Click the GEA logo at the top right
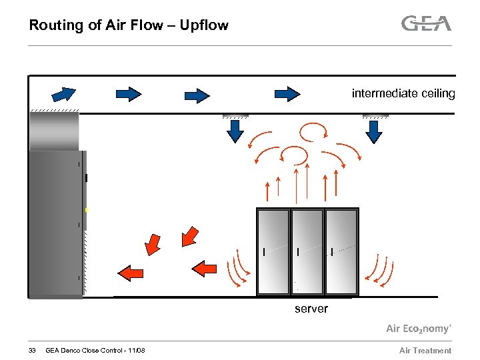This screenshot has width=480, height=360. click(x=426, y=24)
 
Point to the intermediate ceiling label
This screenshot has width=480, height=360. click(x=403, y=93)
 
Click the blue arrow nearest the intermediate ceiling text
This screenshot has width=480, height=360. click(x=288, y=94)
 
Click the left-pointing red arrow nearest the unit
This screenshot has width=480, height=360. click(x=131, y=271)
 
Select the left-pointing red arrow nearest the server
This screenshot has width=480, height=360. click(x=205, y=268)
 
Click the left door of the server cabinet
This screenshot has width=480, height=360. click(x=273, y=251)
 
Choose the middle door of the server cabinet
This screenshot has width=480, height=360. click(x=307, y=251)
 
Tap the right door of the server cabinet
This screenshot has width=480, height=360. click(x=341, y=251)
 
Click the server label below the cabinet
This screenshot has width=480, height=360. click(x=311, y=309)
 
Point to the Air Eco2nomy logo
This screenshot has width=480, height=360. click(x=419, y=329)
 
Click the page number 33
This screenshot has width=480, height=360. click(x=32, y=351)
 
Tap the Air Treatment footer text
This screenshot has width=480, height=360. click(x=425, y=351)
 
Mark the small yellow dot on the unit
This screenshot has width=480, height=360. click(x=86, y=210)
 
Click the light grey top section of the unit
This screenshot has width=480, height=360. click(x=54, y=131)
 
